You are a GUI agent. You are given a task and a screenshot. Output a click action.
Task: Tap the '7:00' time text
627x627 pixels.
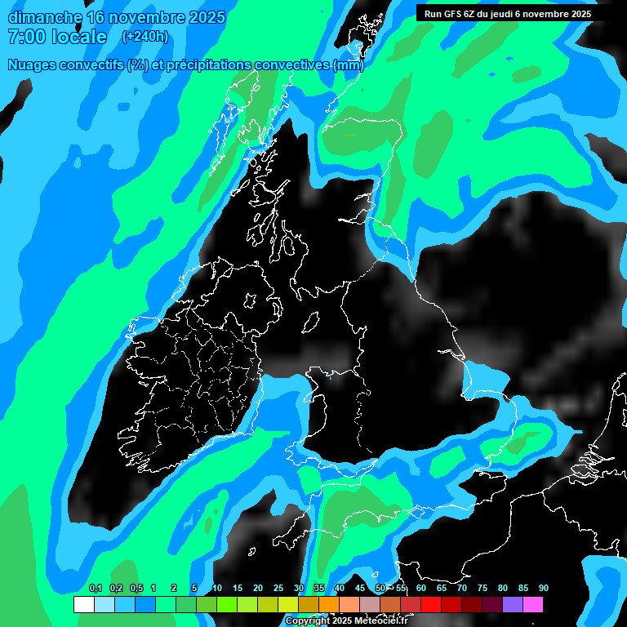tap(25, 37)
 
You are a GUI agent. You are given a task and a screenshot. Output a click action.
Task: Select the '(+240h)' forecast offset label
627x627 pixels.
tap(145, 37)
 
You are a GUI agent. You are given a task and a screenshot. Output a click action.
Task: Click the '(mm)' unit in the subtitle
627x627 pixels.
tap(349, 64)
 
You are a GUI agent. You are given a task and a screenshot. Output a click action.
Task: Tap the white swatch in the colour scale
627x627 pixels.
tap(83, 605)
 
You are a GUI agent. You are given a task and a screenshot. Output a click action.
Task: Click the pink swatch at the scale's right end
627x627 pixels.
tap(533, 605)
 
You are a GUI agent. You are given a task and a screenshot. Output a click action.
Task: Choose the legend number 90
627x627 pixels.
tap(544, 588)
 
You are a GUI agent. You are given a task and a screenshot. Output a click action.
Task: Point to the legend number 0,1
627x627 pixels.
tap(96, 588)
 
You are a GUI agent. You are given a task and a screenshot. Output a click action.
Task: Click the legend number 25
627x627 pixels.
tap(278, 588)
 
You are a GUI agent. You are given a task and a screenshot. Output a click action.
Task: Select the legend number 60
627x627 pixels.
tap(421, 588)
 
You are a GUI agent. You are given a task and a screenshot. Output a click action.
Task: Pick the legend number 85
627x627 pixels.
tap(523, 588)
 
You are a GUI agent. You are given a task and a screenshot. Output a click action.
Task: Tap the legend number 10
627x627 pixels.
tap(217, 588)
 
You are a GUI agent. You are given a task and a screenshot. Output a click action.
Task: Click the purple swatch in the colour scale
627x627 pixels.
tap(513, 605)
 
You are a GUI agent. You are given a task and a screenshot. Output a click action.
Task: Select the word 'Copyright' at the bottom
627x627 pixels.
tap(308, 621)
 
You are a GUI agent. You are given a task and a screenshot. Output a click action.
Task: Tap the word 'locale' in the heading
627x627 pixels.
tap(78, 37)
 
